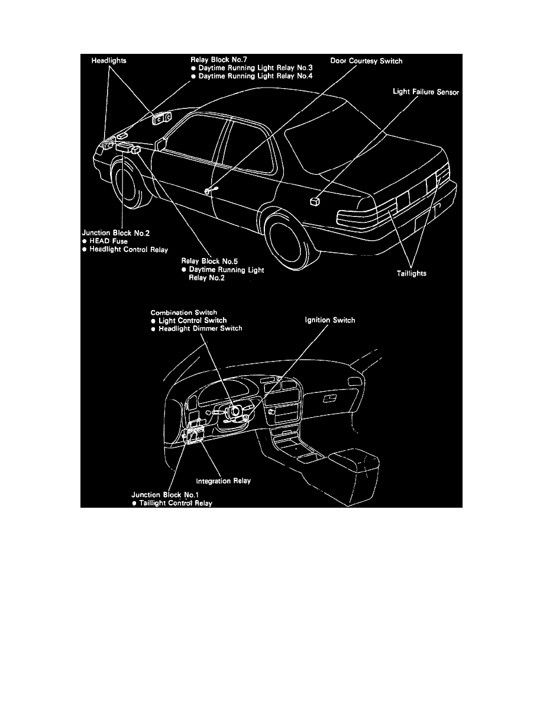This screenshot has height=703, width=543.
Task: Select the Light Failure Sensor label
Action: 425,92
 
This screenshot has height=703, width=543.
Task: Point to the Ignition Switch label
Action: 331,320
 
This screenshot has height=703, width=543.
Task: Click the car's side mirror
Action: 161,144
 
